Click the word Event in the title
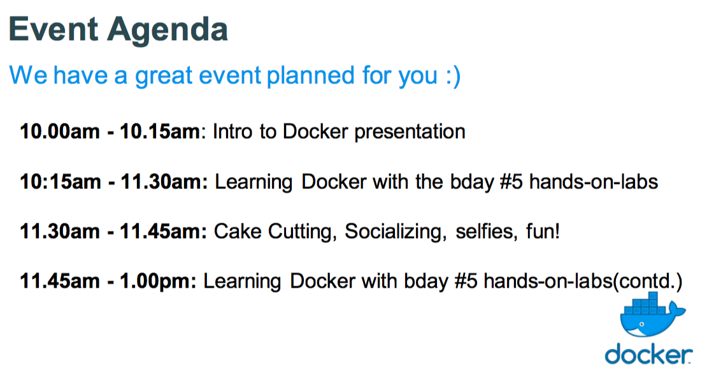pyautogui.click(x=54, y=29)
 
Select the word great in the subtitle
pyautogui.click(x=164, y=76)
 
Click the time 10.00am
pyautogui.click(x=59, y=132)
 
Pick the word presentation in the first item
pyautogui.click(x=410, y=132)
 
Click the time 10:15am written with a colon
pyautogui.click(x=59, y=181)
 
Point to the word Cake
pyautogui.click(x=237, y=231)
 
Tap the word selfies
pyautogui.click(x=486, y=232)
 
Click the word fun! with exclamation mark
pyautogui.click(x=543, y=231)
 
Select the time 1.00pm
pyautogui.click(x=157, y=281)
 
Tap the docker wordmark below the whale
pyautogui.click(x=648, y=355)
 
